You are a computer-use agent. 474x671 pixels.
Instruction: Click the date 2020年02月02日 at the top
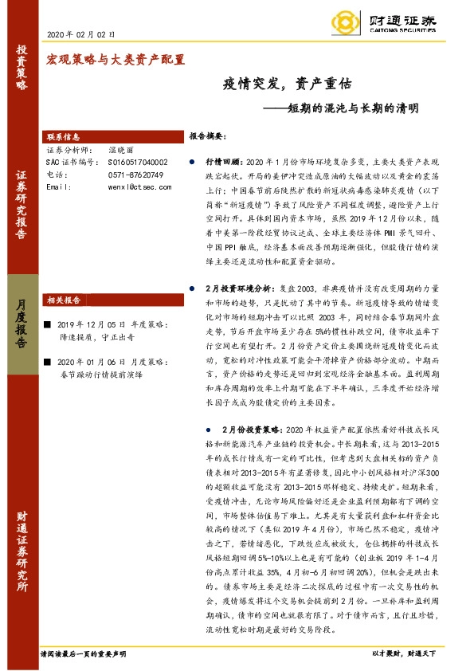[82, 34]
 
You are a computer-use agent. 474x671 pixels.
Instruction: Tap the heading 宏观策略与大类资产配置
[116, 59]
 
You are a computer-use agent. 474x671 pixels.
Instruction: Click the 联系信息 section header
[64, 137]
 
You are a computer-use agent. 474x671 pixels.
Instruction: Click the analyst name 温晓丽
[122, 150]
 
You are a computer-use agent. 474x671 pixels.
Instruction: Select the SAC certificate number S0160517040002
[138, 162]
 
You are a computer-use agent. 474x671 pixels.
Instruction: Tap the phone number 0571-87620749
[135, 174]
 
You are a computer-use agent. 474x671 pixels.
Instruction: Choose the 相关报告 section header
[63, 300]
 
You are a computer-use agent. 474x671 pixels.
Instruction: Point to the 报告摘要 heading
[209, 137]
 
